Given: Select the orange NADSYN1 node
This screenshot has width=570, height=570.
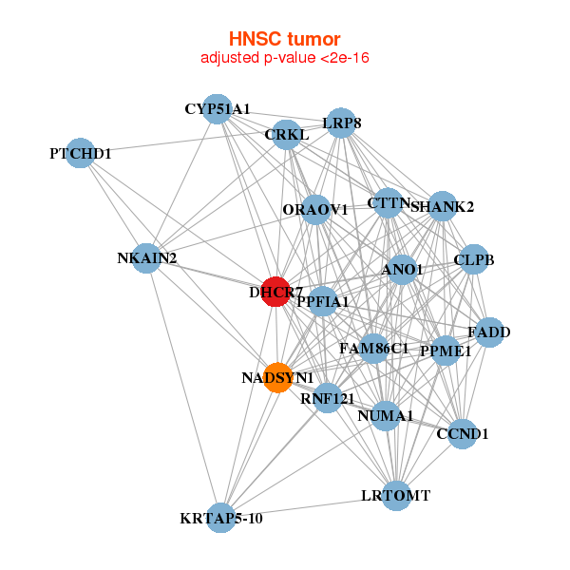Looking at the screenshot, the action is (x=277, y=378).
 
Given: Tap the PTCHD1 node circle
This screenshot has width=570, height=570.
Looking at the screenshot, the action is (x=81, y=153).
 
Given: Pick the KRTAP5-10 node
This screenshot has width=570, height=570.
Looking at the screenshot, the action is (x=220, y=518).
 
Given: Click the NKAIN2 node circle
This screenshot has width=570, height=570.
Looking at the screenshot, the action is (x=146, y=257).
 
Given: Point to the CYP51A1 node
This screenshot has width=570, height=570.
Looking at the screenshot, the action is (x=218, y=109).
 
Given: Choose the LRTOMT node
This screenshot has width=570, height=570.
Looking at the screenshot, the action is (x=396, y=495).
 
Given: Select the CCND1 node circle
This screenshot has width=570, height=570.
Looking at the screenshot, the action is (x=462, y=434).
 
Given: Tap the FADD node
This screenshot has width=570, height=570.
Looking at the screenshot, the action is (x=489, y=332).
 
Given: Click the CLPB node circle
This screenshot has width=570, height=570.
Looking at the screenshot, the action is (x=473, y=259).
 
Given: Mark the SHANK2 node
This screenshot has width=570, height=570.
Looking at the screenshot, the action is (x=443, y=206).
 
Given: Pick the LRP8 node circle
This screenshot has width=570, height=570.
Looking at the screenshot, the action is (x=342, y=123).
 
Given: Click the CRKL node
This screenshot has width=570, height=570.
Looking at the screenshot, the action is (x=286, y=135).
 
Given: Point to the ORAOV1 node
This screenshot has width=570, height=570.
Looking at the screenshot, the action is (x=315, y=209).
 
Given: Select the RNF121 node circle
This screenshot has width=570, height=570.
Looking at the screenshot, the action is (x=327, y=398).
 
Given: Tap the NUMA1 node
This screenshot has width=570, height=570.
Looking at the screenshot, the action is (x=385, y=415).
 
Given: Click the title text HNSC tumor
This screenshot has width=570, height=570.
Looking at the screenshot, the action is (x=284, y=39).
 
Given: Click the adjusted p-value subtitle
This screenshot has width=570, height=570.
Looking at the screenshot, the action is (x=284, y=58).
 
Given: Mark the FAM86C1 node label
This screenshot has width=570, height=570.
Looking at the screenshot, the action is (x=373, y=349).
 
